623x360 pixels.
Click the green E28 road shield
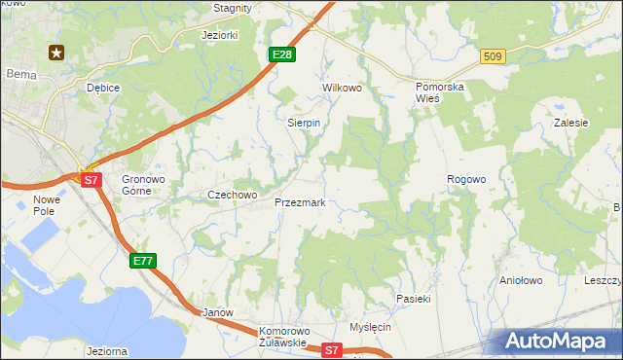click(281, 54)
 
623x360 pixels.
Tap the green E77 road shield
click(143, 260)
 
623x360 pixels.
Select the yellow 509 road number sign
click(493, 57)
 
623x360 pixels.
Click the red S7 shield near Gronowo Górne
click(91, 180)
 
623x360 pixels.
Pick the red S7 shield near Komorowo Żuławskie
click(333, 349)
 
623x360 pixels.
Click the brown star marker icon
click(56, 53)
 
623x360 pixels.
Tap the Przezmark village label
click(300, 203)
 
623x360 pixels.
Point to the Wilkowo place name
click(342, 88)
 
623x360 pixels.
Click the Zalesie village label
click(571, 124)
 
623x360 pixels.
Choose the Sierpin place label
click(304, 124)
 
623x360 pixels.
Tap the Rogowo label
click(465, 180)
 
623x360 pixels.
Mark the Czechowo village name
click(232, 195)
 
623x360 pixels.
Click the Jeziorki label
click(219, 35)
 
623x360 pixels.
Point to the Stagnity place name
click(233, 8)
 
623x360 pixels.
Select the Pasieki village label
click(413, 299)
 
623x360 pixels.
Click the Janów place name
click(217, 313)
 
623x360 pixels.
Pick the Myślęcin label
click(370, 327)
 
